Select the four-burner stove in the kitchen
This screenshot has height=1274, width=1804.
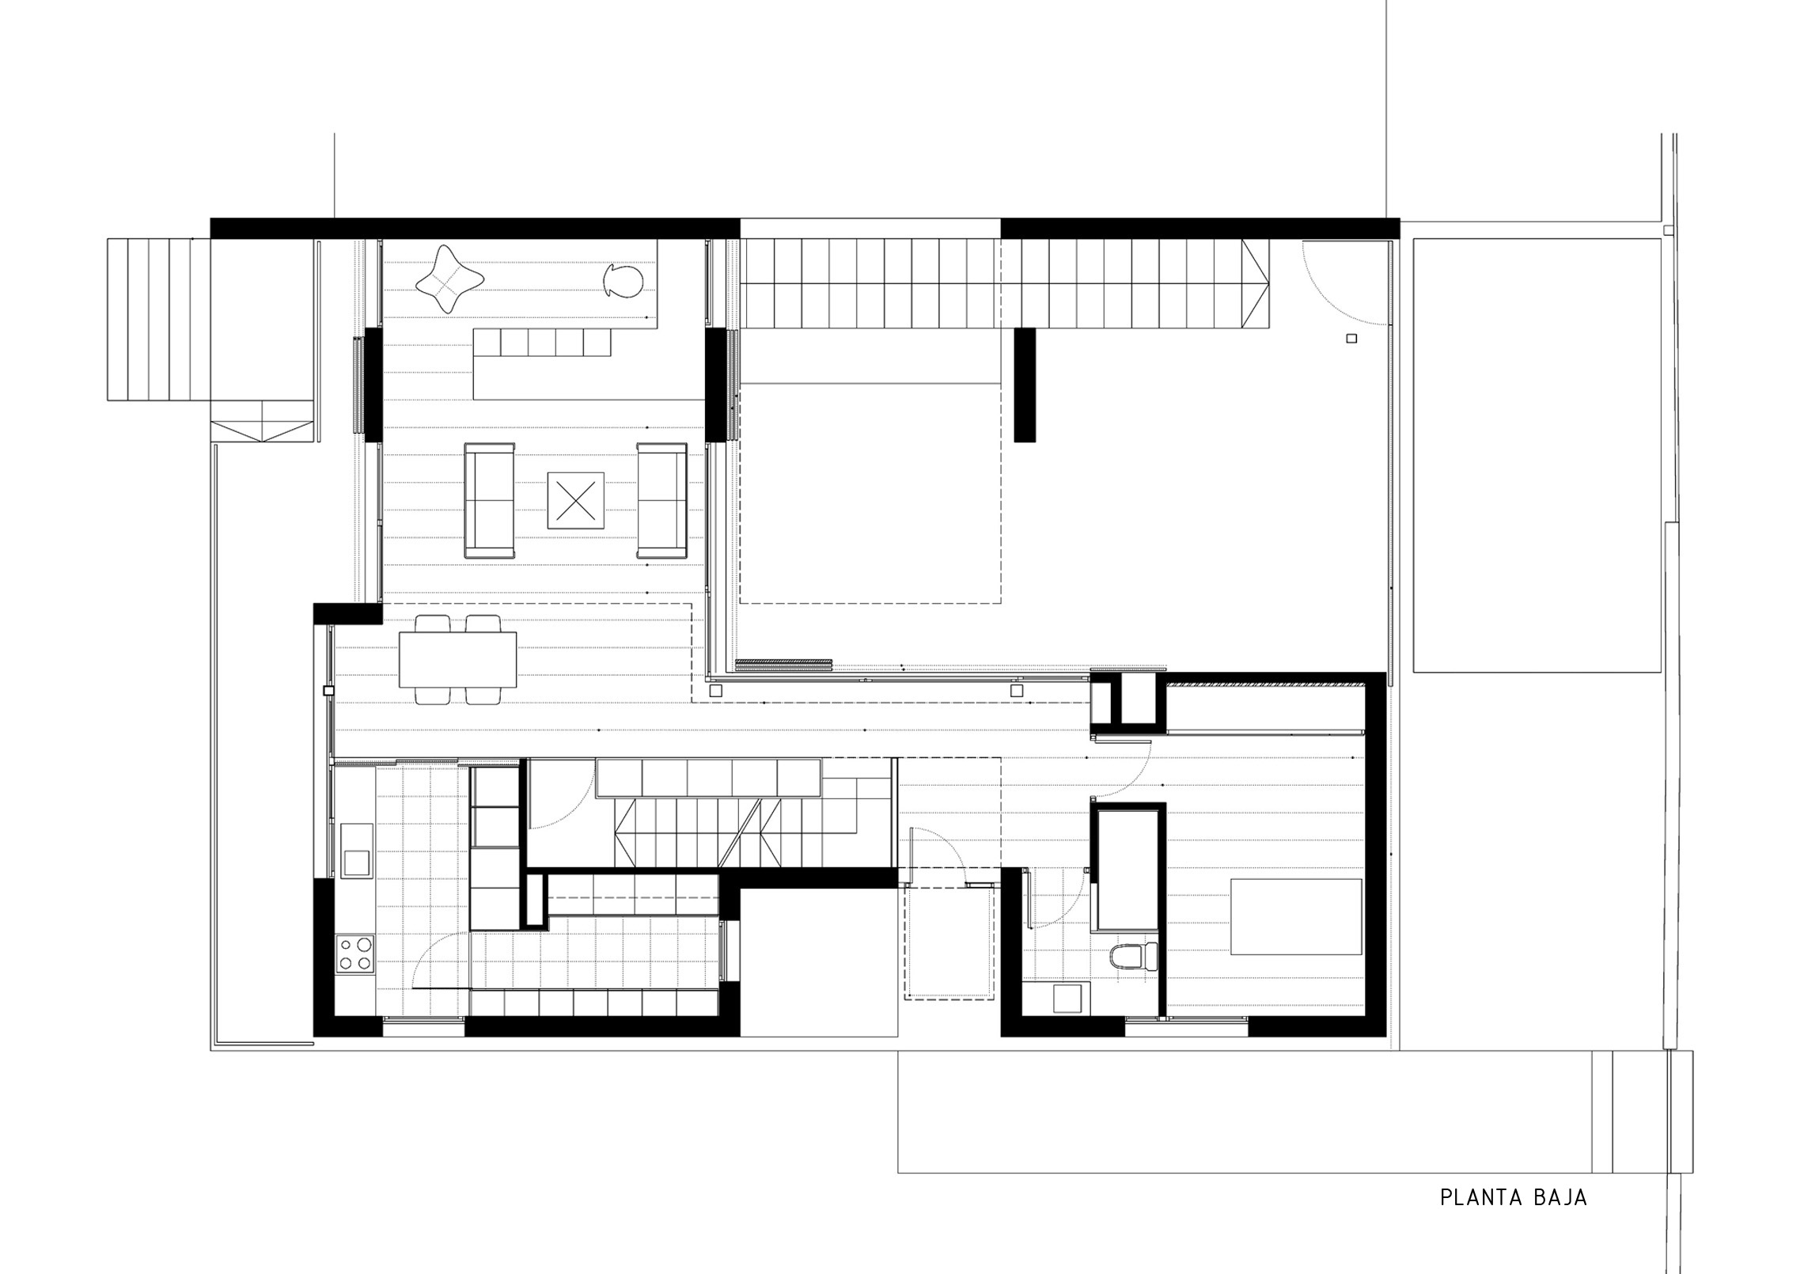[x=354, y=954]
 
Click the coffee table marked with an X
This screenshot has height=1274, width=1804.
[x=576, y=501]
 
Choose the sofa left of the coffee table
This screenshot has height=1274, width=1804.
[x=489, y=501]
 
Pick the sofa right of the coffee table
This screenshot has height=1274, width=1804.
[x=662, y=501]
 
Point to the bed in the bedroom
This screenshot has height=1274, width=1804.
[x=1296, y=916]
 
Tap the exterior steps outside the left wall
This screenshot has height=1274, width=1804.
[x=158, y=320]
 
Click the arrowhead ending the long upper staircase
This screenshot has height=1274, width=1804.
[x=1256, y=285]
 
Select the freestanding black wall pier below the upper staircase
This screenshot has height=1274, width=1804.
[x=1025, y=385]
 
